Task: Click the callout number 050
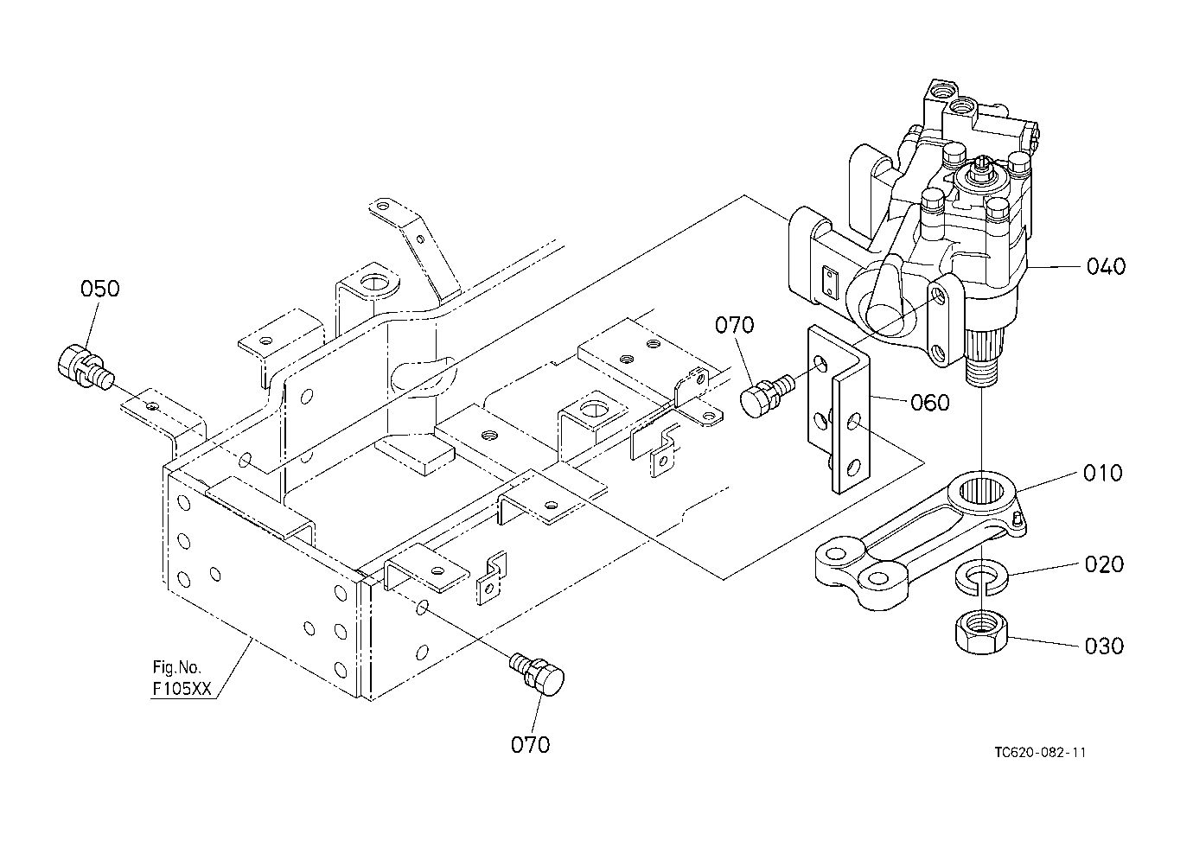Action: (x=100, y=290)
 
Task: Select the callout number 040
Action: (x=1107, y=266)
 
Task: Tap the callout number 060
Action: (x=930, y=403)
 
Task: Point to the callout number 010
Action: (x=1103, y=473)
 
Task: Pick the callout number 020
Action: (x=1105, y=564)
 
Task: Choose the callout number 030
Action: (x=1105, y=646)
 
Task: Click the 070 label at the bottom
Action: (x=531, y=745)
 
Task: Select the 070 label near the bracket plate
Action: (x=735, y=325)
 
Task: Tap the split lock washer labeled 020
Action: (x=981, y=576)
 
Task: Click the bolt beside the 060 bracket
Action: (x=767, y=395)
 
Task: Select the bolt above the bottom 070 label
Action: (x=538, y=674)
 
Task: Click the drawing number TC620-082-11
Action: (x=1040, y=752)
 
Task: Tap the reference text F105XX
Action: (x=182, y=689)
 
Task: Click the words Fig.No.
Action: (x=177, y=667)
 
